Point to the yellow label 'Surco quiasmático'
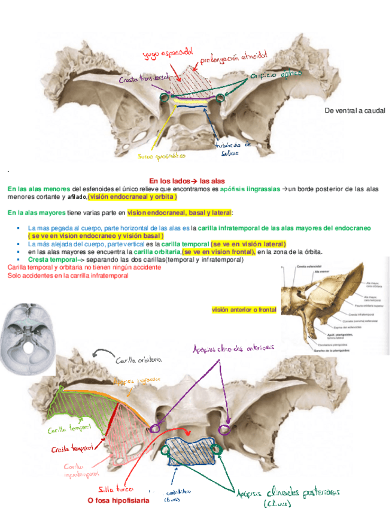(x=162, y=156)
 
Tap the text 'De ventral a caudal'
(x=354, y=111)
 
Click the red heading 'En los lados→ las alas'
(x=187, y=181)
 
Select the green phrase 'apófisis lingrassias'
(x=250, y=189)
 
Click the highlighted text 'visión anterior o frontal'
(x=244, y=310)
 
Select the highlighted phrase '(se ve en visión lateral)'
(x=248, y=244)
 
